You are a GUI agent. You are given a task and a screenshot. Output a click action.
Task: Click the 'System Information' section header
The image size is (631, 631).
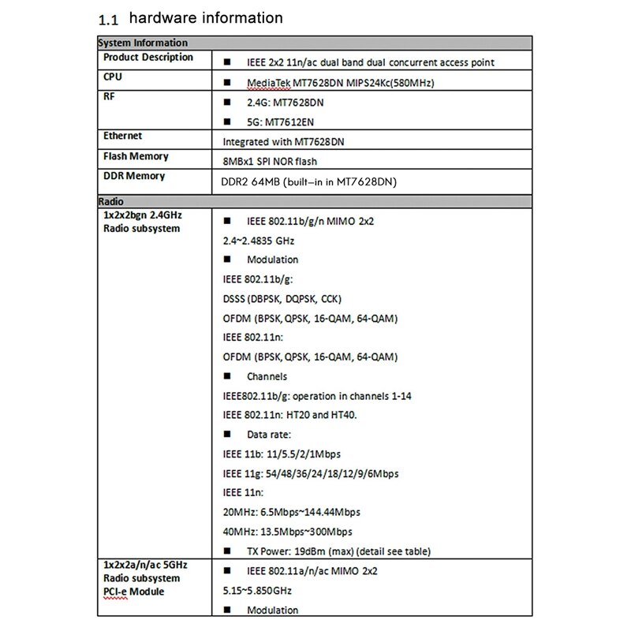coord(143,43)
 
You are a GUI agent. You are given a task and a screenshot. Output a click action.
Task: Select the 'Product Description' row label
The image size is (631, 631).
coord(148,58)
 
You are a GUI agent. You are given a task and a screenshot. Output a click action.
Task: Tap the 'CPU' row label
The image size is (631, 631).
coord(113,77)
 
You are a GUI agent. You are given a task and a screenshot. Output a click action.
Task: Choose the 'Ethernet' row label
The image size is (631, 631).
coord(123,136)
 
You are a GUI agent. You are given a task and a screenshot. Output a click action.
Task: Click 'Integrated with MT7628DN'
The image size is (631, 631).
coord(280,142)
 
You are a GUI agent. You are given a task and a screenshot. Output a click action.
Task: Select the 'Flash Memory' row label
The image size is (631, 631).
coord(136,156)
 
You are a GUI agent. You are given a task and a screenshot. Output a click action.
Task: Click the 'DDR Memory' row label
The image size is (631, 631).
coord(134,176)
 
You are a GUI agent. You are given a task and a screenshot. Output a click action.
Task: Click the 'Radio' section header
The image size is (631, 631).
coord(110,201)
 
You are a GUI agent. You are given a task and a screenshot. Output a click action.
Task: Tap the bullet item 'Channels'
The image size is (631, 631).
coord(267,376)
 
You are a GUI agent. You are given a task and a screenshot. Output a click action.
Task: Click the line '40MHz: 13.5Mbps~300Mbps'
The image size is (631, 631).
coord(288,532)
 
